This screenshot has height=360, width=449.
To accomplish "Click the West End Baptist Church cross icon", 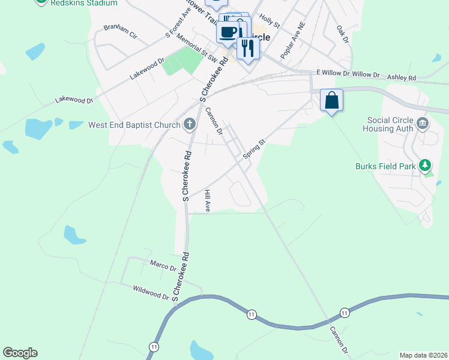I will coord(189,125).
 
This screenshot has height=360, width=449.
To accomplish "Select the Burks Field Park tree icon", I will coord(425,164).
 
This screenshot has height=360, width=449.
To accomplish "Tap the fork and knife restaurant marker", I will coord(247,47).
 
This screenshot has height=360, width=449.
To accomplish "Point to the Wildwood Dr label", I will coord(151,292).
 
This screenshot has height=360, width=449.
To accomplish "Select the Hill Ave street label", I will coord(207,201).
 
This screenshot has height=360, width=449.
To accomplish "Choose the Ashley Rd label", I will coord(402,78).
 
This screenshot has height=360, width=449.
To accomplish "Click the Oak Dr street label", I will coord(342,34).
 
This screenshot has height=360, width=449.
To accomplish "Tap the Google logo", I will coord(20,353).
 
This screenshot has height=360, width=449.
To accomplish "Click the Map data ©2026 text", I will coord(424,355).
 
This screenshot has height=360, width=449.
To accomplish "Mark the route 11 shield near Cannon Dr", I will coord(344,313).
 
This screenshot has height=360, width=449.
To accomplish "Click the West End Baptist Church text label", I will coord(134,125).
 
